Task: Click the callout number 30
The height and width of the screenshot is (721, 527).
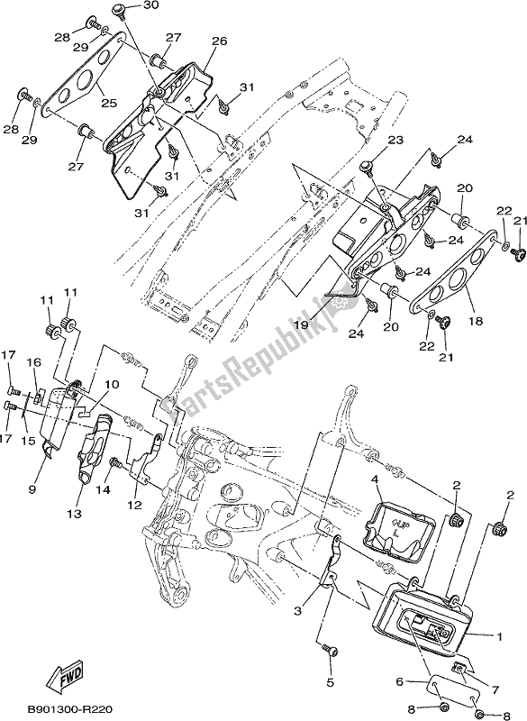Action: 150,5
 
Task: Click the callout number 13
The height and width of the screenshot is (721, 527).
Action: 73,514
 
